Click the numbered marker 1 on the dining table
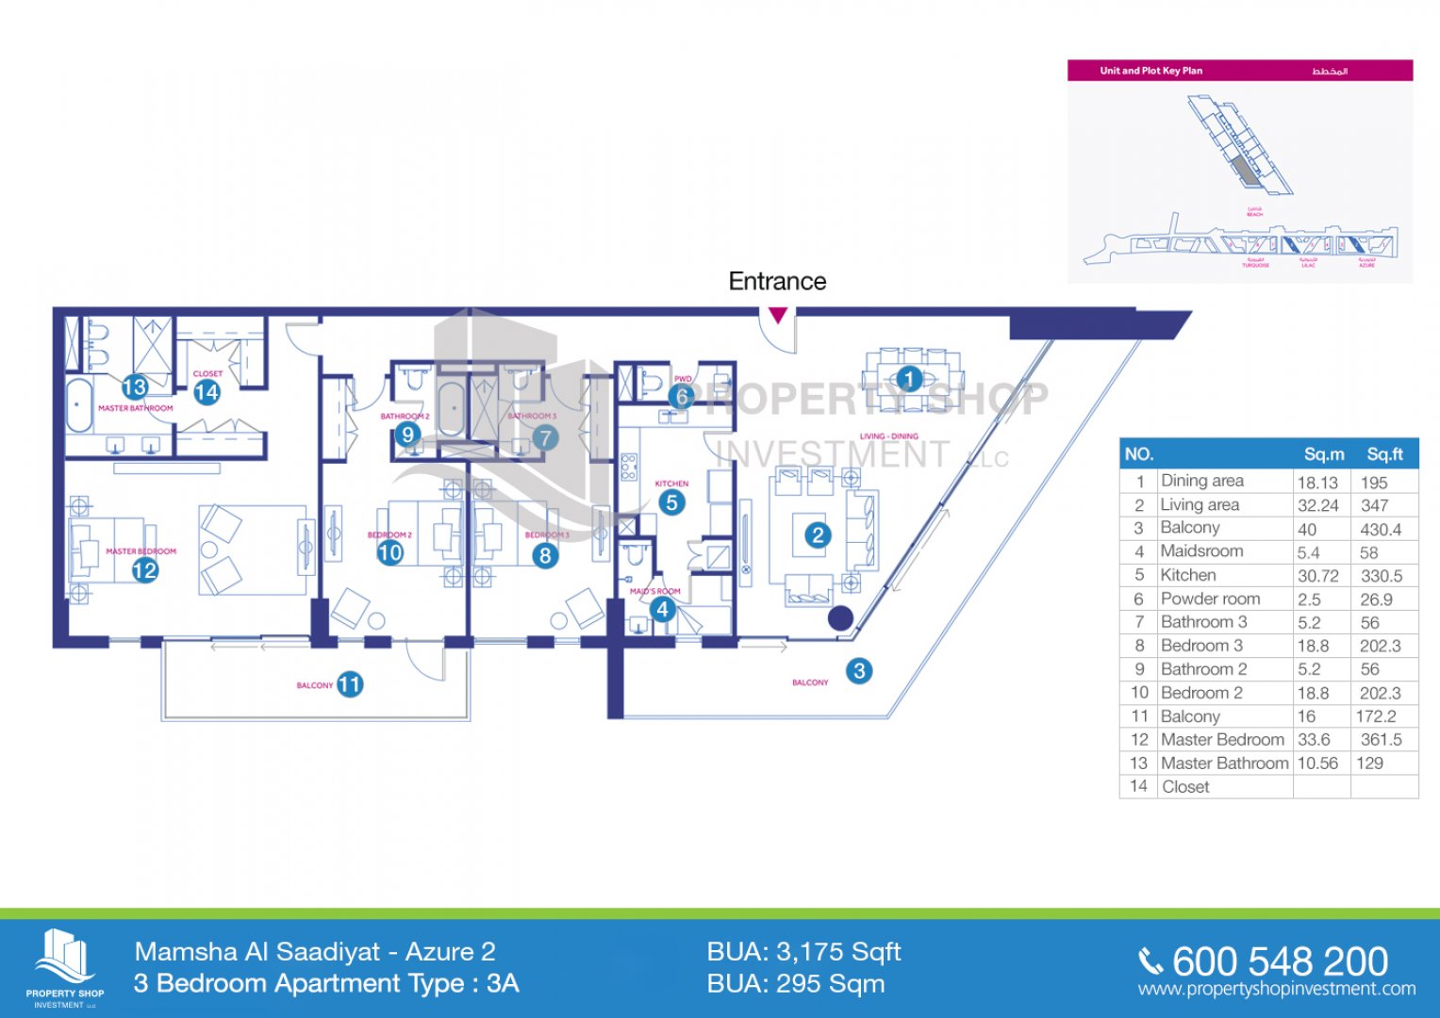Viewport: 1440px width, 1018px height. tap(908, 379)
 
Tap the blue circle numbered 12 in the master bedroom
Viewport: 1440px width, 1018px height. tap(145, 570)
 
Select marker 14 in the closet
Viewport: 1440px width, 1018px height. tap(207, 392)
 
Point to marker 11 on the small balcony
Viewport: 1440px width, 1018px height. tap(350, 684)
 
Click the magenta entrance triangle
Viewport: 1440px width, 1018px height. tap(778, 316)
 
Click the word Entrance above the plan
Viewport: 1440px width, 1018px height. tap(777, 281)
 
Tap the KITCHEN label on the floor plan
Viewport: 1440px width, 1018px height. tap(671, 484)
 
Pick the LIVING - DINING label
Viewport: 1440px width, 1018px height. tap(888, 436)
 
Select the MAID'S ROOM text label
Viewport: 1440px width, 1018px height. tap(654, 591)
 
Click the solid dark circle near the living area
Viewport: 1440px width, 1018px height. tap(840, 618)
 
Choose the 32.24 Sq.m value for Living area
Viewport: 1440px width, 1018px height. tap(1317, 505)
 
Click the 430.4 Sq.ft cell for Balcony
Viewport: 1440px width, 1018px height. tap(1381, 529)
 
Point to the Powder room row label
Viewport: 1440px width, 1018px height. tap(1210, 599)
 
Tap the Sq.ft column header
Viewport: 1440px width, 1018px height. tap(1384, 454)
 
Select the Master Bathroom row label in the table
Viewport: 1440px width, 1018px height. tap(1224, 763)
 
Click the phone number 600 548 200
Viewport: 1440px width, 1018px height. tap(1280, 961)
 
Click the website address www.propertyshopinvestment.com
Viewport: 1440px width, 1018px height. tap(1276, 989)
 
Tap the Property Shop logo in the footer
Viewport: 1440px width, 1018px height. tap(65, 967)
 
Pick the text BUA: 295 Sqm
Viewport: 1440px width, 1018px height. tap(796, 984)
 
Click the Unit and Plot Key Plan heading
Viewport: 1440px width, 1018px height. tap(1150, 71)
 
